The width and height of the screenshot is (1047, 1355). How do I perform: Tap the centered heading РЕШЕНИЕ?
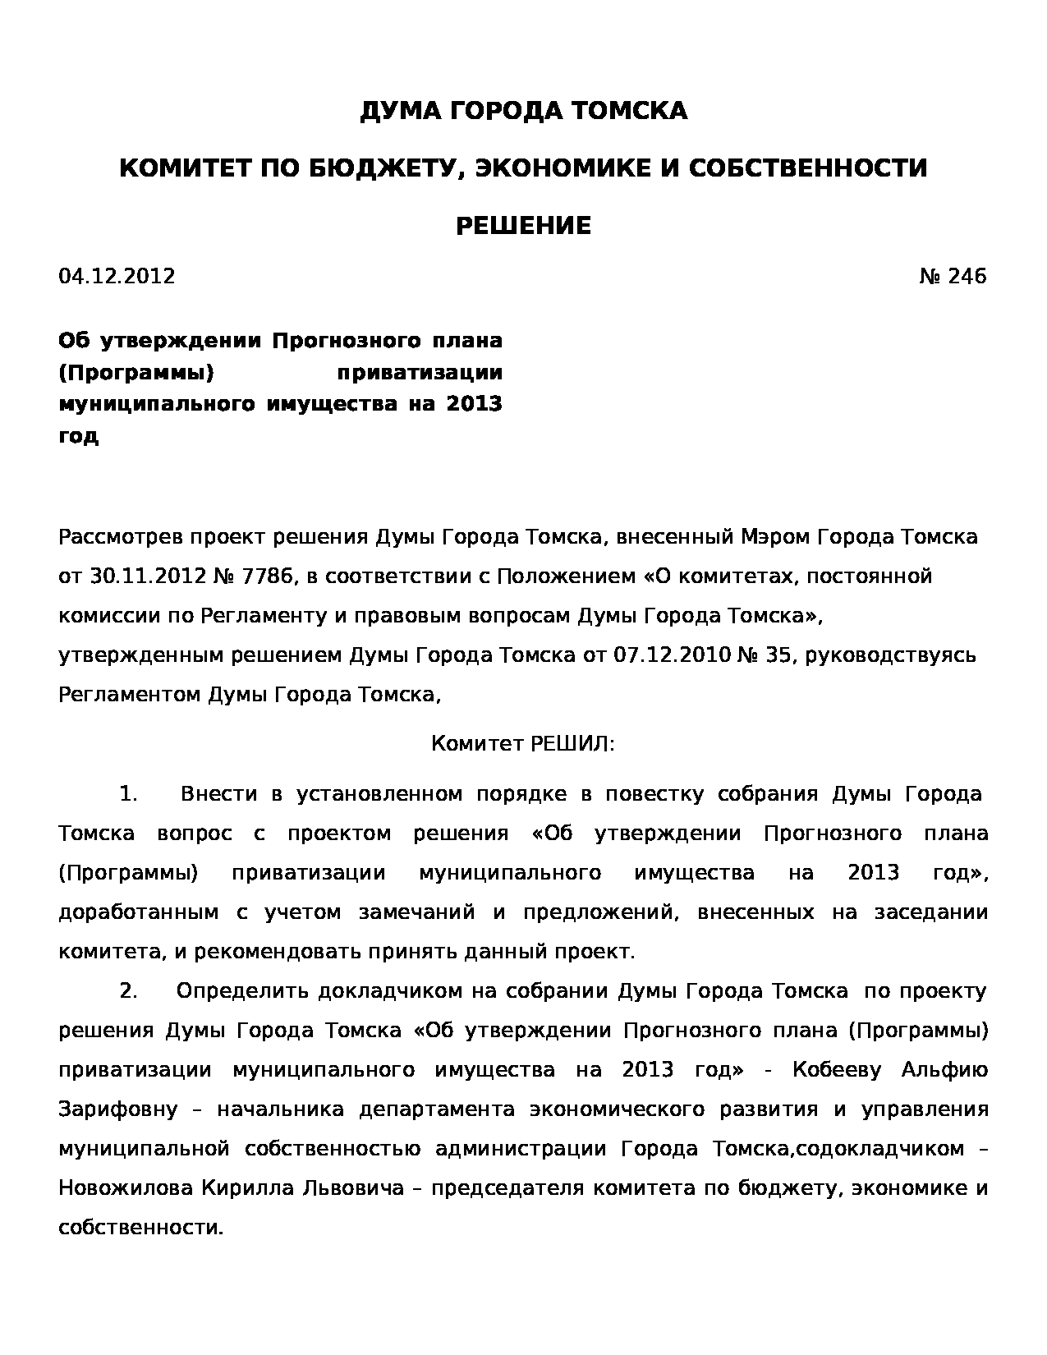pyautogui.click(x=523, y=226)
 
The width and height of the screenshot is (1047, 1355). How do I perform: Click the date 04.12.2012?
pyautogui.click(x=117, y=276)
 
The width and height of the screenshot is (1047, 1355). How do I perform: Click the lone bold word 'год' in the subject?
pyautogui.click(x=78, y=436)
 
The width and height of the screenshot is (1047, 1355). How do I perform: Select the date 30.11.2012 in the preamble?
pyautogui.click(x=147, y=576)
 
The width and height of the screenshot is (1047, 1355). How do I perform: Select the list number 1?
pyautogui.click(x=127, y=794)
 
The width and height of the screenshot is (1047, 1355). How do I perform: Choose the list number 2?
pyautogui.click(x=127, y=991)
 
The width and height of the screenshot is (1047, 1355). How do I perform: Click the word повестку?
pyautogui.click(x=654, y=794)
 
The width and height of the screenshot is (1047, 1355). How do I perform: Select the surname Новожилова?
pyautogui.click(x=126, y=1188)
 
